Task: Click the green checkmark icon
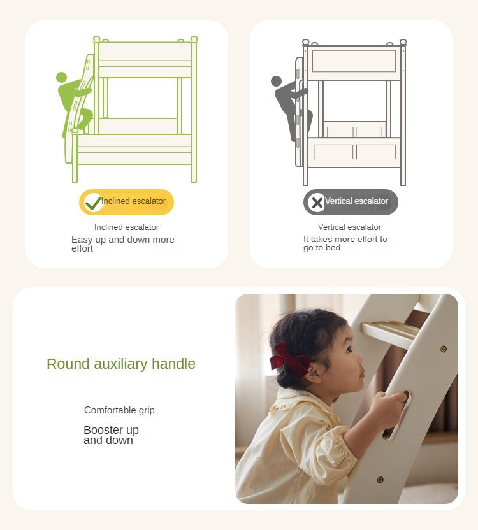pos(93,203)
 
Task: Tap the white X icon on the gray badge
pos(317,203)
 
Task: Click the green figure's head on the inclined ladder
pos(61,77)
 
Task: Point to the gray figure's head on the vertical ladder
pos(276,81)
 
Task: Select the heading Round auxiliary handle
pos(121,364)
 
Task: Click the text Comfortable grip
pos(119,410)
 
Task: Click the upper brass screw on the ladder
pos(444,349)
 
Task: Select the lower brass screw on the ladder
pos(380,479)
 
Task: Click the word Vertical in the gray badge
pos(339,201)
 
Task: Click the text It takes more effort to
pos(345,240)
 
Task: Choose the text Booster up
pos(111,430)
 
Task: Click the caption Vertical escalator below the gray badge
pos(349,227)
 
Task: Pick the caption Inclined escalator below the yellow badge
pos(126,227)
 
